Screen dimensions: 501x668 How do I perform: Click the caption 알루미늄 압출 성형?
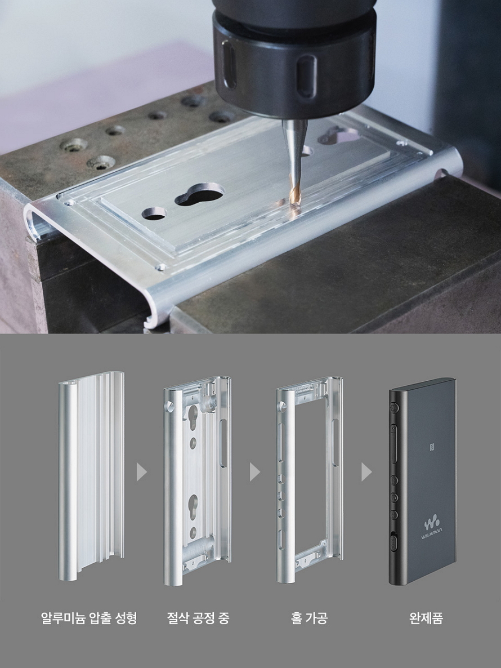(x=89, y=618)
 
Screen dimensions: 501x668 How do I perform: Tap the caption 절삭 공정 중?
(x=198, y=618)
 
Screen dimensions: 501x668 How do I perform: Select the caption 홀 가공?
(x=310, y=618)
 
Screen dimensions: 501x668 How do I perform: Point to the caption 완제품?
(x=426, y=618)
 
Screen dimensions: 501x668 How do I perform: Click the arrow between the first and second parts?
(x=141, y=472)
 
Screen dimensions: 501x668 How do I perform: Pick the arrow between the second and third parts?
(x=254, y=472)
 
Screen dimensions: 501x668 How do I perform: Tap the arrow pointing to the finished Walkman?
(x=366, y=472)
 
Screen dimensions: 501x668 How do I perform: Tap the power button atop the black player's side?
(x=392, y=408)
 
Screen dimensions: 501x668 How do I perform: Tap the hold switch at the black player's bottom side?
(x=393, y=542)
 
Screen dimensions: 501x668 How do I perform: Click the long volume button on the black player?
(x=393, y=443)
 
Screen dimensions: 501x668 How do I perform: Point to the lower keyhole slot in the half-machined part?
(x=193, y=507)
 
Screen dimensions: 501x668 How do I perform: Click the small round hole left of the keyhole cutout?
(x=154, y=213)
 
